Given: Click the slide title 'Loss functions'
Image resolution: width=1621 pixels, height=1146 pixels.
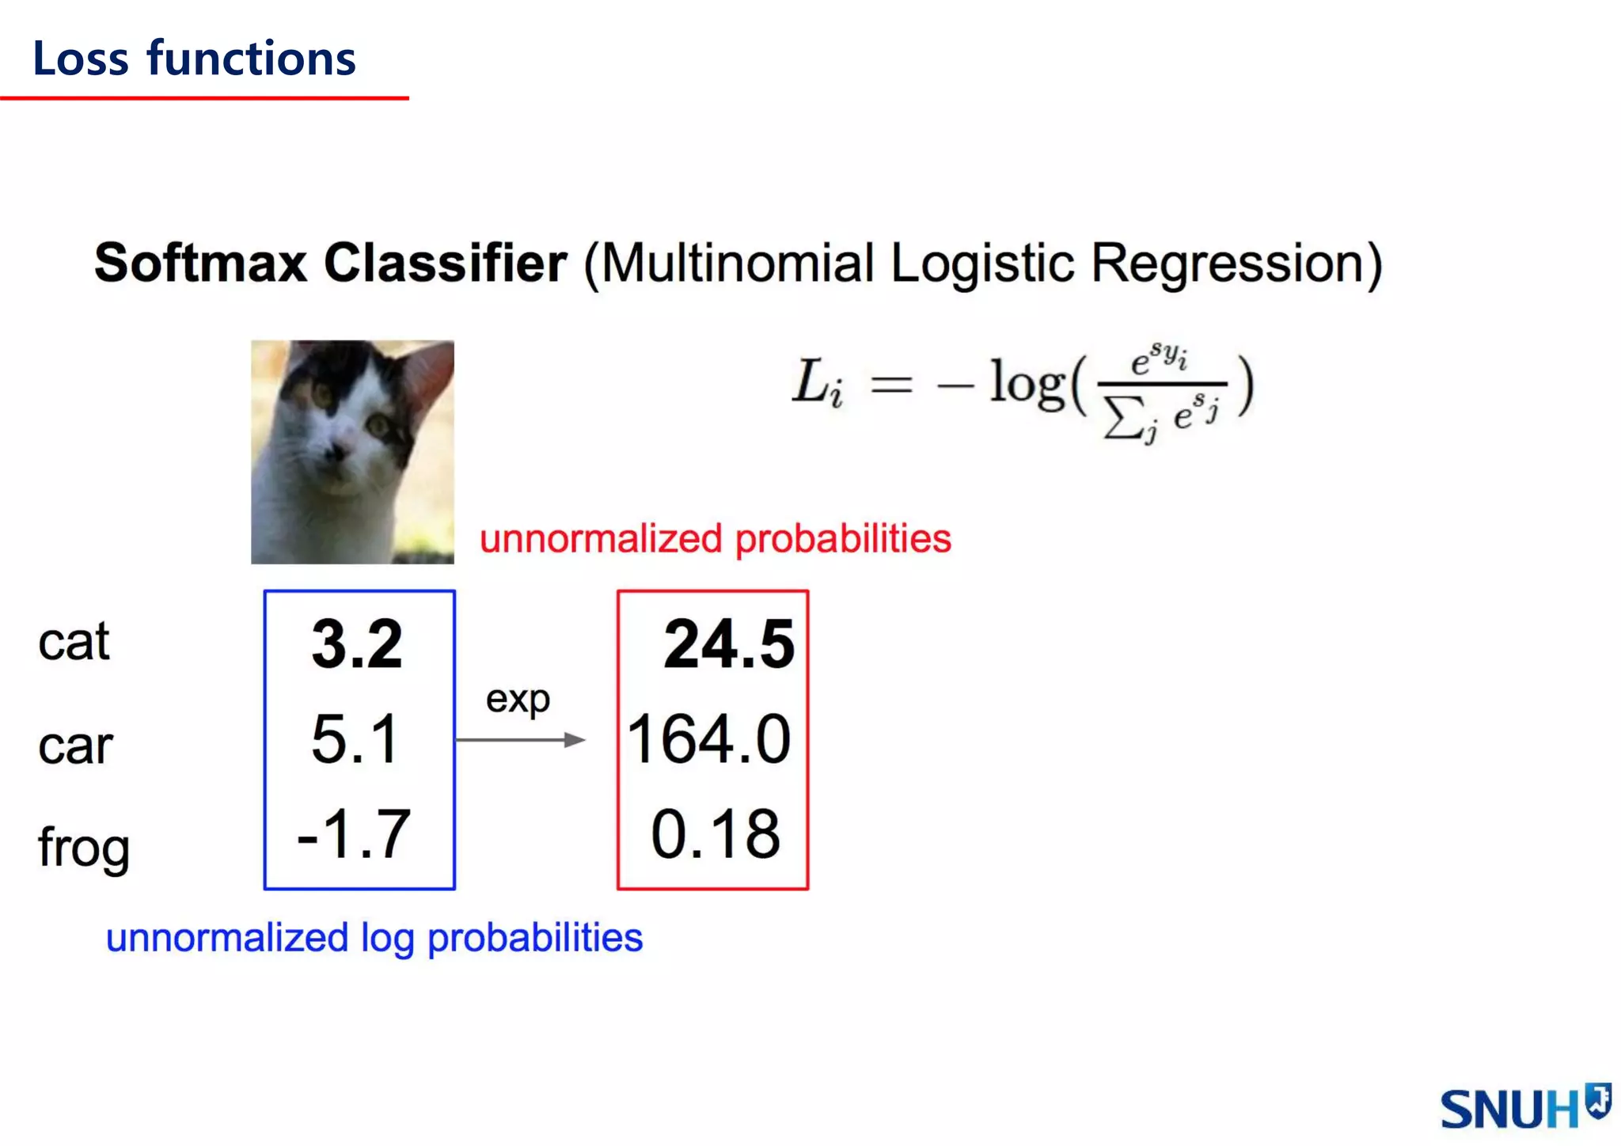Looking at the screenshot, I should pyautogui.click(x=194, y=59).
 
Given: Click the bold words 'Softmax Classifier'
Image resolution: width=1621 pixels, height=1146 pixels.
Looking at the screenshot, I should pyautogui.click(x=330, y=263).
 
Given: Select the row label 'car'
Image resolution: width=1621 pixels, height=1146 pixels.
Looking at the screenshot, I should pyautogui.click(x=75, y=746).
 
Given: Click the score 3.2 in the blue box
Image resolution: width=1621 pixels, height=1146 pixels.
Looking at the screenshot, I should pyautogui.click(x=357, y=644).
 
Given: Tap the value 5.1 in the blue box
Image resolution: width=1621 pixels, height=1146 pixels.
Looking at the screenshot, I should pyautogui.click(x=355, y=739).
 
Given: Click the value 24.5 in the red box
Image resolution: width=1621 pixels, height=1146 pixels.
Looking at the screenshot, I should pyautogui.click(x=728, y=644).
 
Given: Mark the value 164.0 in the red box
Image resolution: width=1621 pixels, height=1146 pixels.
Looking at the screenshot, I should pyautogui.click(x=708, y=739).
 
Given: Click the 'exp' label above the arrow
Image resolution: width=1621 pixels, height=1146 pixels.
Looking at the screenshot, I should pyautogui.click(x=518, y=700).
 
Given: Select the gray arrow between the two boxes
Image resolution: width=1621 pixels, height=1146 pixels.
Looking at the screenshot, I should pyautogui.click(x=520, y=740).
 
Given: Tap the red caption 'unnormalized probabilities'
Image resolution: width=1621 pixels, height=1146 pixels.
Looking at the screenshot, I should pyautogui.click(x=715, y=539).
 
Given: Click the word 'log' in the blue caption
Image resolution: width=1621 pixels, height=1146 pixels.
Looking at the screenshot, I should pyautogui.click(x=387, y=939).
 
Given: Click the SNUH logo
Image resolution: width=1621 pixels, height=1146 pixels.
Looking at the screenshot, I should pyautogui.click(x=1524, y=1106).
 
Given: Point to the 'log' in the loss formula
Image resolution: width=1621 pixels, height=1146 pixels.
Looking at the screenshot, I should pyautogui.click(x=1028, y=385).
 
